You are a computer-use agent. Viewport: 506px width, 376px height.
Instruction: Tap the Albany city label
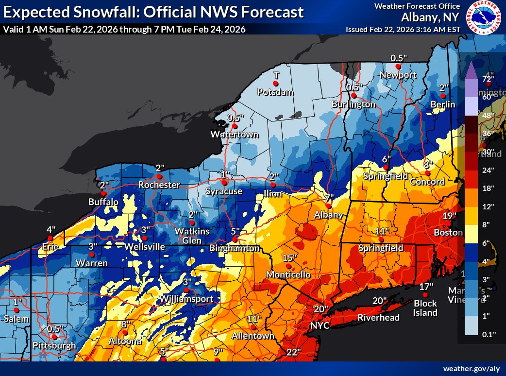(329, 215)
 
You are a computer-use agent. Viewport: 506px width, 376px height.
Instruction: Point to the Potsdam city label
(276, 92)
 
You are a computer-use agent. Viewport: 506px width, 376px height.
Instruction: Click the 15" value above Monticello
(289, 257)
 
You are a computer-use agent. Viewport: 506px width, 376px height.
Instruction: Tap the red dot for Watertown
(235, 126)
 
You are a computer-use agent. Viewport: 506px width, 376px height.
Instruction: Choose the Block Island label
(425, 308)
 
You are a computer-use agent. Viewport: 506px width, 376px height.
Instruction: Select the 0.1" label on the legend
(488, 334)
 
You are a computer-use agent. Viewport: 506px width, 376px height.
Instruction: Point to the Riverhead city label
(378, 318)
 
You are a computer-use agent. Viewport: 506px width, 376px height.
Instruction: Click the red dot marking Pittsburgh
(55, 337)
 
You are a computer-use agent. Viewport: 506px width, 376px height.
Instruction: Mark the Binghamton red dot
(235, 239)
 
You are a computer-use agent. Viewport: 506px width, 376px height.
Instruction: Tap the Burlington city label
(354, 104)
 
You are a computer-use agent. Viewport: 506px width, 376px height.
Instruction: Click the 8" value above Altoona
(126, 324)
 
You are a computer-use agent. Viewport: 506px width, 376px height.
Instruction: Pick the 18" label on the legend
(488, 188)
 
